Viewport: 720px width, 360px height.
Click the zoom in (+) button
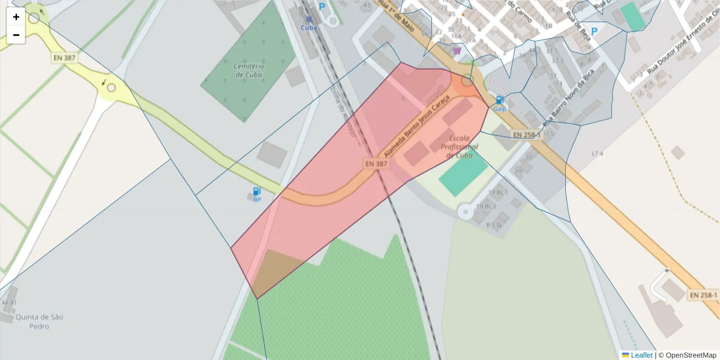coord(16,17)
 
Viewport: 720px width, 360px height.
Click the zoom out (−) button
coord(16,35)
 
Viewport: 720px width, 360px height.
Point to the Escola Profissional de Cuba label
coord(459,146)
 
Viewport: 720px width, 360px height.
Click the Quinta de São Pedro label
coord(40,321)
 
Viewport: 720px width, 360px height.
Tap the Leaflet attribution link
coord(641,355)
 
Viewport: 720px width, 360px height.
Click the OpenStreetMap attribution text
coord(688,355)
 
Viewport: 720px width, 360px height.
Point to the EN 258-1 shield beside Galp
coord(527,135)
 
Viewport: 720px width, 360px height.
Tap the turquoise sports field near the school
coord(463,174)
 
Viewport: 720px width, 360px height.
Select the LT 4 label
coord(597,154)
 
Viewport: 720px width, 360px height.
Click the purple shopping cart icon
coord(457,51)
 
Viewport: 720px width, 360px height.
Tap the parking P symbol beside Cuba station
coord(322,7)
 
